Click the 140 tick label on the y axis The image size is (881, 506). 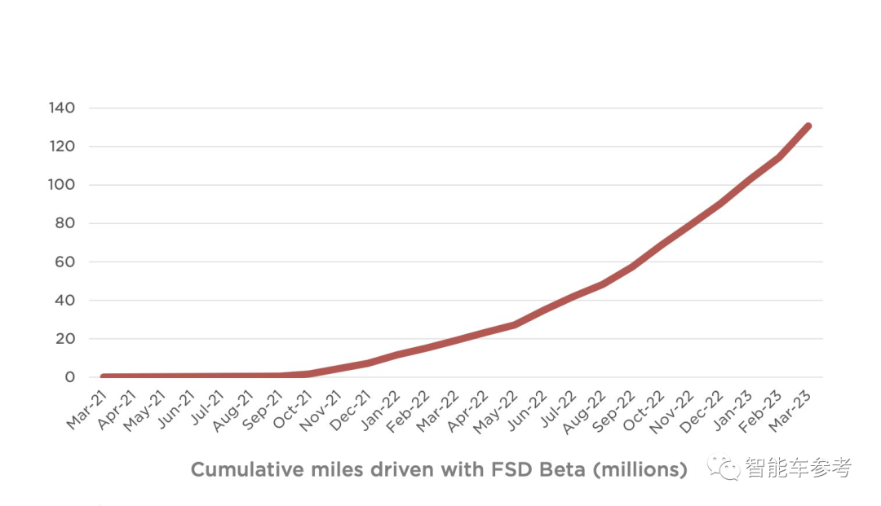[x=63, y=108]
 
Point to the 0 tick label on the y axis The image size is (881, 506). [x=70, y=377]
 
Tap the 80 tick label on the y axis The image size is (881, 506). [x=66, y=223]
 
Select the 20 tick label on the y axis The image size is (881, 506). [x=66, y=339]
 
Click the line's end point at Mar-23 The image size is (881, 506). [x=808, y=125]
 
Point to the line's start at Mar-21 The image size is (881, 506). [x=104, y=377]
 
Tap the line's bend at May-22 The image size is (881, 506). [x=514, y=324]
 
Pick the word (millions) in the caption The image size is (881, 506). [x=642, y=470]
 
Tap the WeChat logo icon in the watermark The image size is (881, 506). [x=723, y=468]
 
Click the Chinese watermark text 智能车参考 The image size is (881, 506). [x=798, y=468]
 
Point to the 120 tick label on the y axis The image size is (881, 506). [x=63, y=147]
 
